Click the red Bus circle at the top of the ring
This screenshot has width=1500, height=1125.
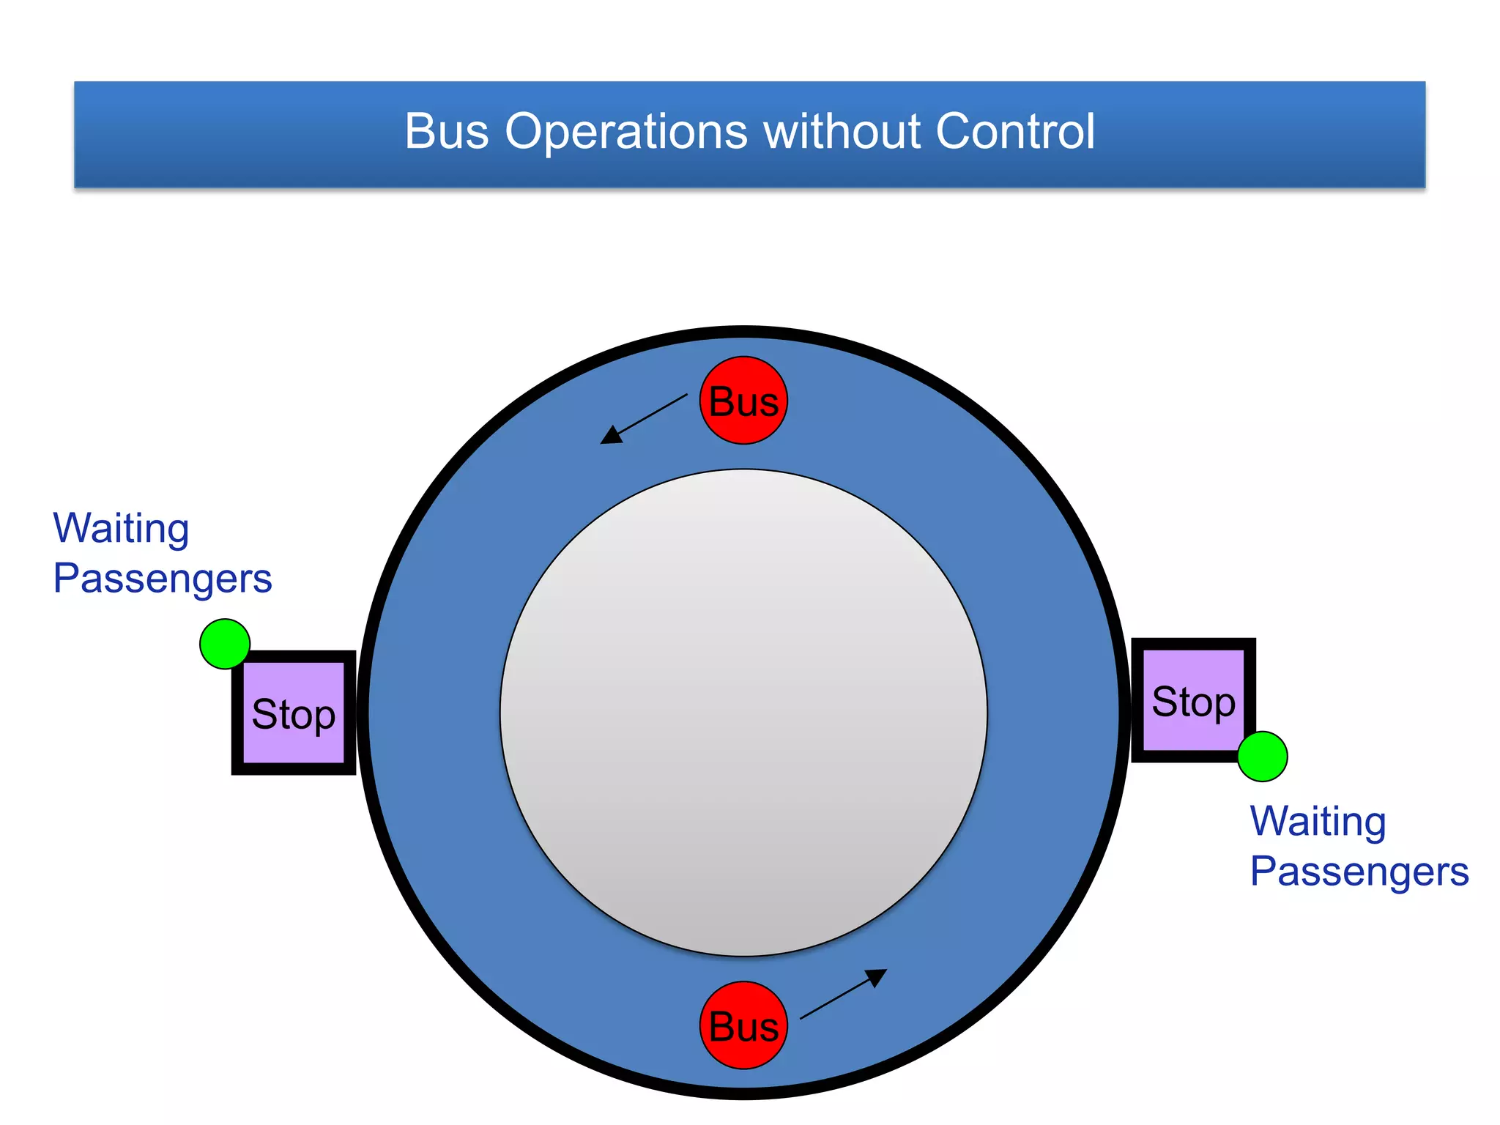(743, 401)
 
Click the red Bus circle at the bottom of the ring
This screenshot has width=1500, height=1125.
(743, 1025)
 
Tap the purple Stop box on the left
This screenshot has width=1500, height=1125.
(294, 713)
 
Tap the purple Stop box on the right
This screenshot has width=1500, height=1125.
(1193, 700)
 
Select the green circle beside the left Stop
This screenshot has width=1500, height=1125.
(225, 644)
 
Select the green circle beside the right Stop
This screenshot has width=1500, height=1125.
(1263, 757)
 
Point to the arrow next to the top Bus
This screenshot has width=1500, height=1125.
(644, 419)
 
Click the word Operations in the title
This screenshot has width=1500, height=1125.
(626, 132)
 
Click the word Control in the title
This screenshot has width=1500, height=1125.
(1015, 132)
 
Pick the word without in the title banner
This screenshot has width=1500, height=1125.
(842, 132)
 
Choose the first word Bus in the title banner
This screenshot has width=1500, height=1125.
(447, 132)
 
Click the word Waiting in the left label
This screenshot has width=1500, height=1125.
(122, 529)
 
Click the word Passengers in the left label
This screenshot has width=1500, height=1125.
(163, 579)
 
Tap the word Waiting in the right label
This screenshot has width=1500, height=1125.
(1318, 822)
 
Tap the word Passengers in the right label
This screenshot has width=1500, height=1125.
(1359, 872)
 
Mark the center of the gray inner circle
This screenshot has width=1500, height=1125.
(743, 713)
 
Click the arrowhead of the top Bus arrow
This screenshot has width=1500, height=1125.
(610, 436)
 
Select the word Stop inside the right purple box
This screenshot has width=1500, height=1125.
(1193, 702)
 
